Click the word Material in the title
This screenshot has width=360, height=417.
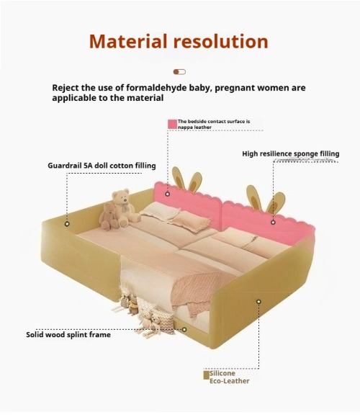tap(128, 42)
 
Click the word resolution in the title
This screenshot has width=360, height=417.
tap(220, 42)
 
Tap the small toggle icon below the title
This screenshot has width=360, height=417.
tap(179, 72)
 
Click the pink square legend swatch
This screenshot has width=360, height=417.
tap(172, 124)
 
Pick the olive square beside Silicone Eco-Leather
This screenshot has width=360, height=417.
tap(207, 375)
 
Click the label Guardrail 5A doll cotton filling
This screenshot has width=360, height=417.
tap(102, 166)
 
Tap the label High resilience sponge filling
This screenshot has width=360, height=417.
tap(291, 153)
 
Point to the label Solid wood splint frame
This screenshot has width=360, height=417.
tap(68, 335)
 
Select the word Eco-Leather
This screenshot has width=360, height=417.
tap(230, 381)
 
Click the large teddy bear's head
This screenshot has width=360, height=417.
tap(121, 197)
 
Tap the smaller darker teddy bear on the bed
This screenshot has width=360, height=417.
tap(109, 216)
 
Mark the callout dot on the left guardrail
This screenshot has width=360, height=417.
tap(67, 224)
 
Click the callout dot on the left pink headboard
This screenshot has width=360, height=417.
tap(168, 194)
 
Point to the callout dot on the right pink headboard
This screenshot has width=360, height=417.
tap(273, 222)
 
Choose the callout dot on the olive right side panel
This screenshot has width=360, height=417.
tap(258, 301)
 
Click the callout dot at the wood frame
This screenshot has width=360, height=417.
tap(184, 330)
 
